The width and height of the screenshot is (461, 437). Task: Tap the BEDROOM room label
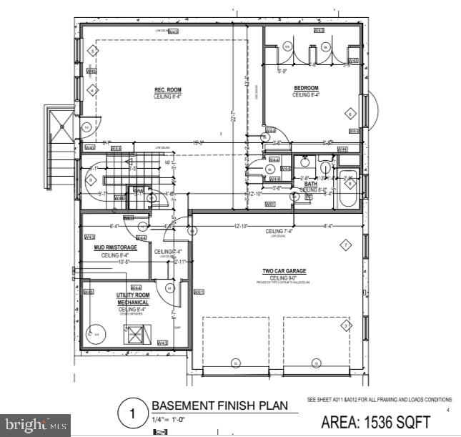[x=306, y=88]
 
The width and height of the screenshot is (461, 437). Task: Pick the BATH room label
[x=311, y=184]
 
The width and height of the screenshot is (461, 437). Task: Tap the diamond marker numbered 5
[x=92, y=51]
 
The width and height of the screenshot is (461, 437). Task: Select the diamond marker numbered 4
[x=92, y=91]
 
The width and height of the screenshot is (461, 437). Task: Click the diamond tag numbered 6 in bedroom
[x=350, y=113]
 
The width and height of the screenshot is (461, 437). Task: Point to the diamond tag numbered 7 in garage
[x=346, y=245]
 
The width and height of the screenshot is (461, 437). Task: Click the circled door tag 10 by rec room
[x=86, y=127]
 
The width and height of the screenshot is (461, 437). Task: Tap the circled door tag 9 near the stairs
[x=91, y=180]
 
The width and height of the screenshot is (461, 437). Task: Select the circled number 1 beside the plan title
[x=132, y=413]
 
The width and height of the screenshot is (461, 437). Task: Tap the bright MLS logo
[x=35, y=425]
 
